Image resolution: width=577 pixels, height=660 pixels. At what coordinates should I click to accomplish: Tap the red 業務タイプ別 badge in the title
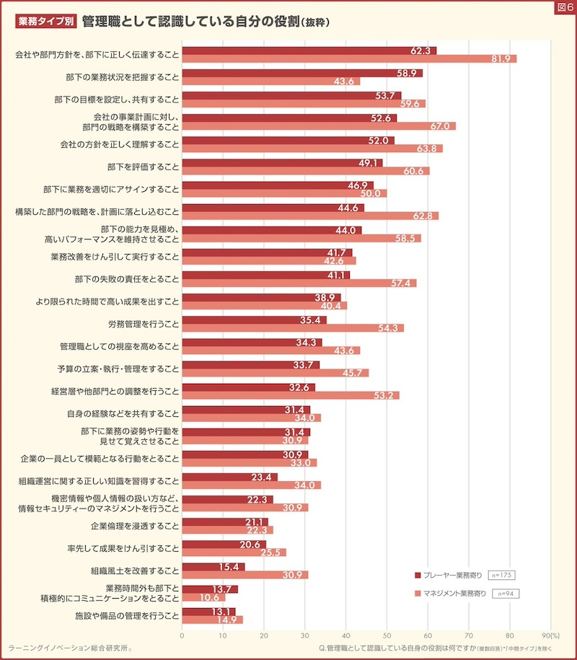click(45, 22)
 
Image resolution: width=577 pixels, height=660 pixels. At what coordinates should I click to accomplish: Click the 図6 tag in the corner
click(565, 7)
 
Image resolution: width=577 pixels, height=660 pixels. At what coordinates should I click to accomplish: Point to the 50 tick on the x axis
click(387, 635)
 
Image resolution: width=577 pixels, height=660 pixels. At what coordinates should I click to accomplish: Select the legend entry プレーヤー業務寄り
click(452, 575)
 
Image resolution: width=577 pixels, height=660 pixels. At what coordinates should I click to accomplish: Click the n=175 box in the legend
click(501, 575)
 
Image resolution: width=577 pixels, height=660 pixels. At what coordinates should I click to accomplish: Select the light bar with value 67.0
click(318, 126)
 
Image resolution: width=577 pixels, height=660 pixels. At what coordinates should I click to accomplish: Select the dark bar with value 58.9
click(301, 73)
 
